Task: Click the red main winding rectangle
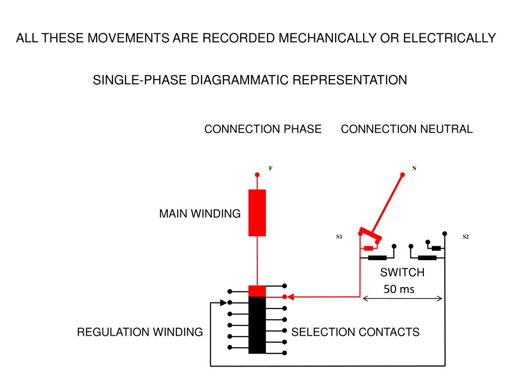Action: tap(257, 213)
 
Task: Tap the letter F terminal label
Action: tap(270, 168)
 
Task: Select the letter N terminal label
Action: tap(414, 168)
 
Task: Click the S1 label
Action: tap(339, 237)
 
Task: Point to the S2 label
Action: tap(466, 237)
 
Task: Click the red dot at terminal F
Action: tap(257, 175)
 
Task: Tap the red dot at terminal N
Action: tap(402, 175)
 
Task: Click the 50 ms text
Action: tap(399, 289)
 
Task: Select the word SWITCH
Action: tap(402, 272)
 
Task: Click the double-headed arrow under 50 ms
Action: tap(402, 298)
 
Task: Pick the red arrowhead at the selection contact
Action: tap(290, 297)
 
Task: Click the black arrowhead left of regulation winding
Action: tap(224, 303)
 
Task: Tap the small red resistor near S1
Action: tap(369, 249)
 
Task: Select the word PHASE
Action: tap(302, 129)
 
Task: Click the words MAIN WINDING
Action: tap(200, 214)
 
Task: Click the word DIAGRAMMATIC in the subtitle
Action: tap(240, 80)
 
